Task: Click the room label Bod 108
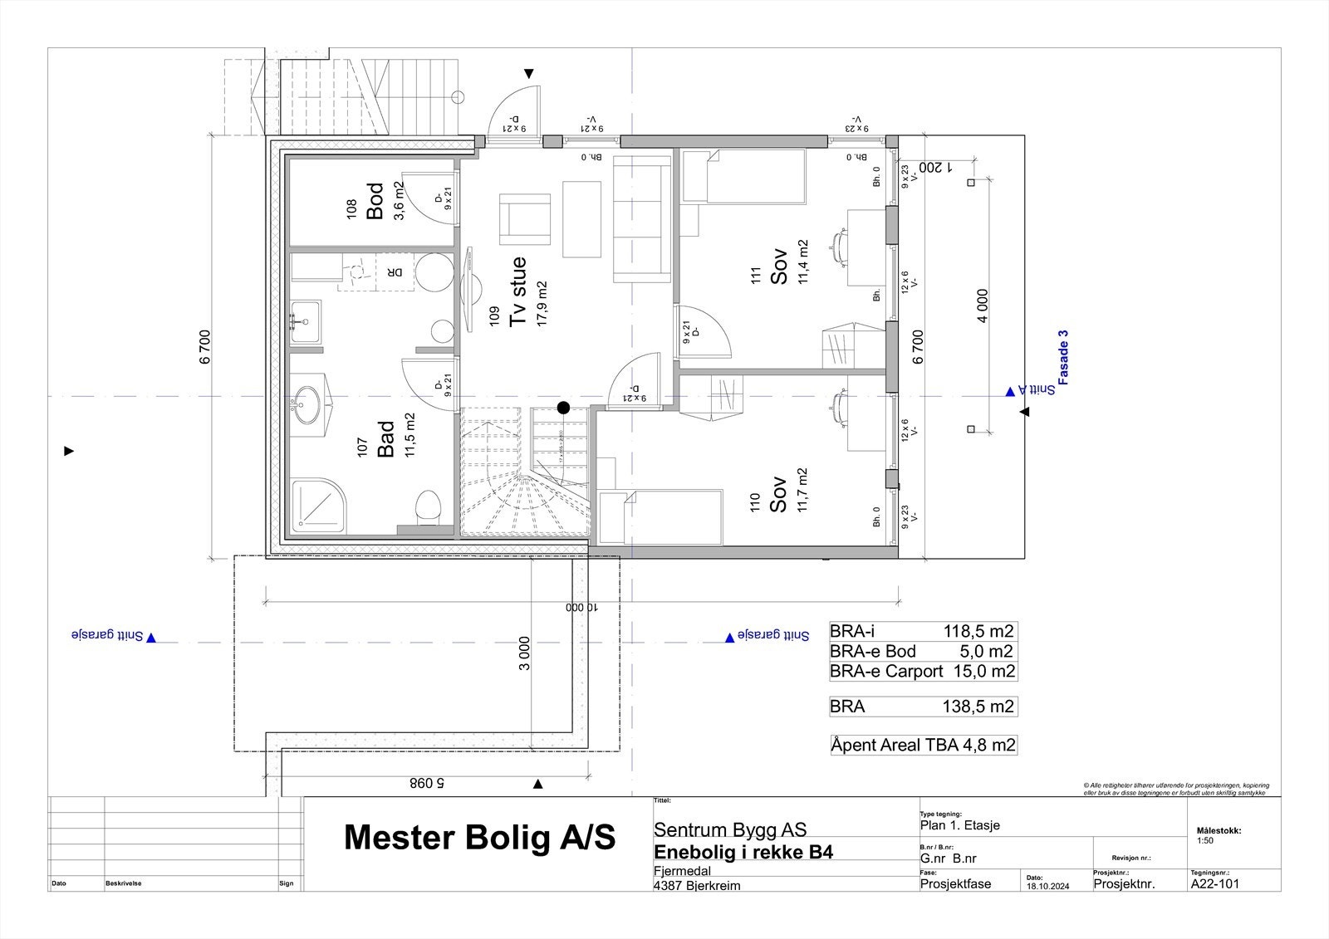(375, 202)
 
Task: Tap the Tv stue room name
(517, 291)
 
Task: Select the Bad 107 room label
(385, 439)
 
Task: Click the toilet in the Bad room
(428, 504)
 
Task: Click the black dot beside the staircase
(563, 407)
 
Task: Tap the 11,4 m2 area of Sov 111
(802, 262)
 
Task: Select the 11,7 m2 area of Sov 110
(802, 490)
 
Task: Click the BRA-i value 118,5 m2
(978, 631)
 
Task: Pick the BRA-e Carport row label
(886, 671)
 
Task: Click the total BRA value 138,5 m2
(978, 707)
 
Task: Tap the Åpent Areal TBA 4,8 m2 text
(924, 745)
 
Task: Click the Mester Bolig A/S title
(479, 837)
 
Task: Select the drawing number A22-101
(1214, 883)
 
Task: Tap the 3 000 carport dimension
(524, 653)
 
